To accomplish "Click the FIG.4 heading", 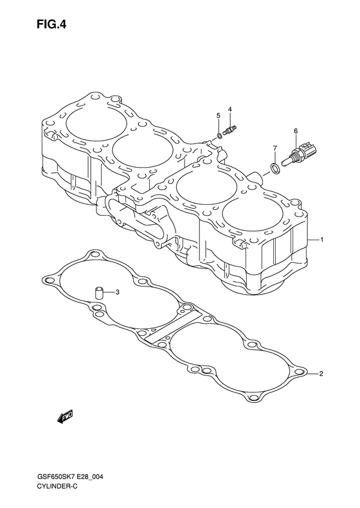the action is click(x=51, y=24).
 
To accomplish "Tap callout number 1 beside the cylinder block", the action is click(x=321, y=240).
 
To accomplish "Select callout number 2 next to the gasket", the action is click(x=321, y=374).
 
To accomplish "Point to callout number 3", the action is click(x=118, y=292).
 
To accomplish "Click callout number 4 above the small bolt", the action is click(x=230, y=109).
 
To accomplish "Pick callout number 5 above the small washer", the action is click(x=219, y=116).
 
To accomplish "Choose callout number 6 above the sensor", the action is click(x=296, y=131).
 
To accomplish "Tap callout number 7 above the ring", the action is click(x=274, y=148).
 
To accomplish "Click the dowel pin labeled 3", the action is click(x=98, y=293).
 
